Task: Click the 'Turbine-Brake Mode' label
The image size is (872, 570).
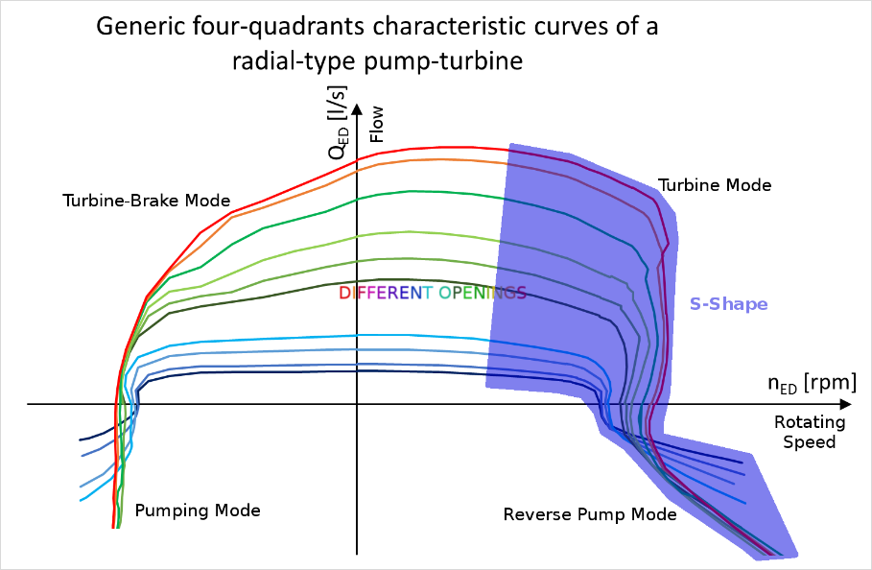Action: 146,201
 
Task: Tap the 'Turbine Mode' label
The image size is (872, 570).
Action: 715,185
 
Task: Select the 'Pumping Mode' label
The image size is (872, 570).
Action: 198,511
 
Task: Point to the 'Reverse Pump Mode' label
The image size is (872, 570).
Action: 590,514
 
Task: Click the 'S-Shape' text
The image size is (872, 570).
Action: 728,304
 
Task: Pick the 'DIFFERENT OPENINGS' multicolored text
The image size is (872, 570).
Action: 432,293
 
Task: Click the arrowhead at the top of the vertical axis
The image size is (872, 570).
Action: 357,109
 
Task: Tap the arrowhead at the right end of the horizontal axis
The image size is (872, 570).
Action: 845,404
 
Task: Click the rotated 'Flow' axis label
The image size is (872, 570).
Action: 376,124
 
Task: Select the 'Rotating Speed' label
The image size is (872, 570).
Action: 810,432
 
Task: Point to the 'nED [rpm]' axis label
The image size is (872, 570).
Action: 812,384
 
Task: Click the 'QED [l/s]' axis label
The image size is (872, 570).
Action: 338,122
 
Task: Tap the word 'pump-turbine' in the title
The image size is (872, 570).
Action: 444,60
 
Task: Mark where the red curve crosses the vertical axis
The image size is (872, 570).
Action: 357,159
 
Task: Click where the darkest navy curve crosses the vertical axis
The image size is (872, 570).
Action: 357,370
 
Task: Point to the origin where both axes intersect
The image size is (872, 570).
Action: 357,404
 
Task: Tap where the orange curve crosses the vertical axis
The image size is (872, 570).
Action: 357,170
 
